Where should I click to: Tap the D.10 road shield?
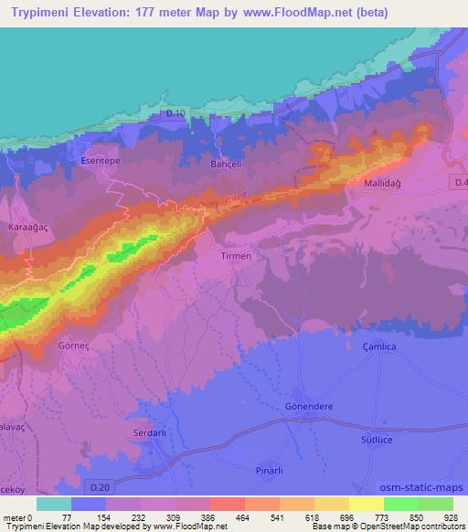[176, 113]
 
